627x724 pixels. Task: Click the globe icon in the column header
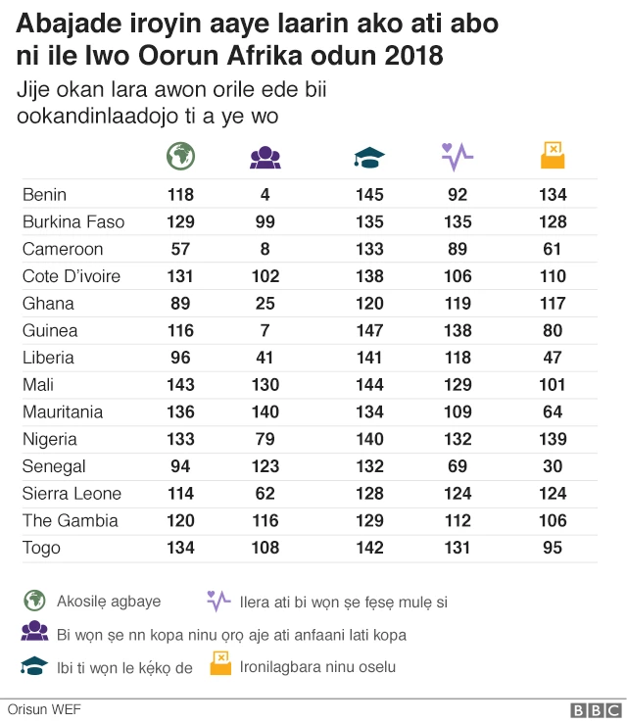point(180,155)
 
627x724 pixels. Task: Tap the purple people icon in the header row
point(265,156)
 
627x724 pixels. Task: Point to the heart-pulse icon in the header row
point(458,155)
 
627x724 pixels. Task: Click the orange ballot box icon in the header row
point(553,155)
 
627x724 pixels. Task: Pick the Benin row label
point(45,194)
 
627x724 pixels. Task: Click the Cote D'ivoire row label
point(72,276)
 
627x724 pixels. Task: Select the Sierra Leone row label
point(71,493)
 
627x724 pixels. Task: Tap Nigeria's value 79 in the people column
point(265,439)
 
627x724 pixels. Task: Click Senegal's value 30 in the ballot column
point(553,466)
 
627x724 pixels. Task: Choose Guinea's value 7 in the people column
point(265,330)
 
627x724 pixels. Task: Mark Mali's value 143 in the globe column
point(180,385)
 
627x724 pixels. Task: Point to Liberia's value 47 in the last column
point(553,358)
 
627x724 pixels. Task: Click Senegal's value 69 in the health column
point(458,466)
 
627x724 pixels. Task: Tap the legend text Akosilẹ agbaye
point(109,601)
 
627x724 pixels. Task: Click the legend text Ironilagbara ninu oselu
point(318,667)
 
